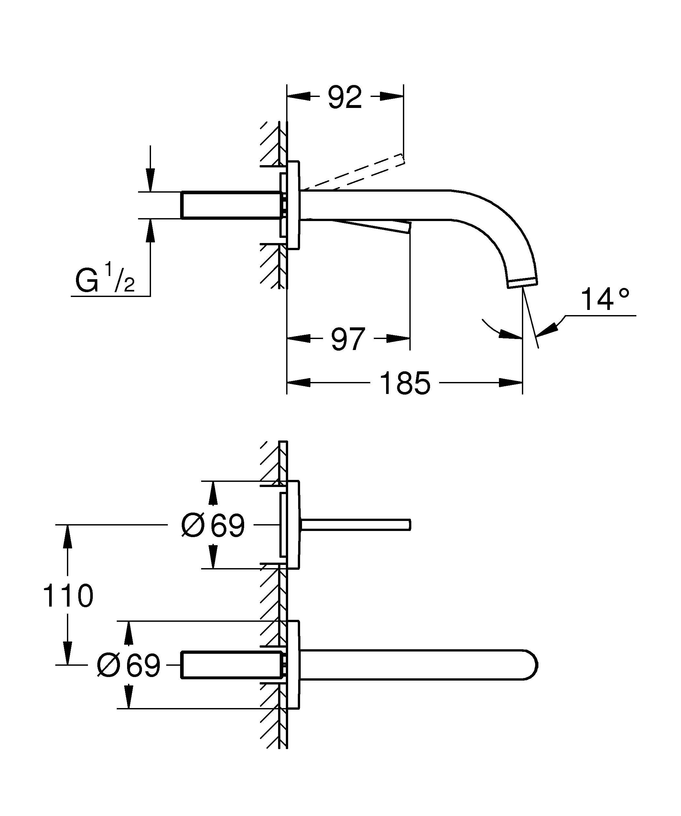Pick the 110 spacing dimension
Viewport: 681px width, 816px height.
pyautogui.click(x=68, y=596)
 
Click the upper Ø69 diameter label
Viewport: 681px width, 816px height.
pyautogui.click(x=213, y=525)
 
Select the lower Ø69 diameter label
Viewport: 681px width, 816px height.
pyautogui.click(x=128, y=665)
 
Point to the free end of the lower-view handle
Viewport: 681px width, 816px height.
pyautogui.click(x=409, y=525)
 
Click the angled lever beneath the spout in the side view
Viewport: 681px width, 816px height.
pyautogui.click(x=373, y=225)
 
